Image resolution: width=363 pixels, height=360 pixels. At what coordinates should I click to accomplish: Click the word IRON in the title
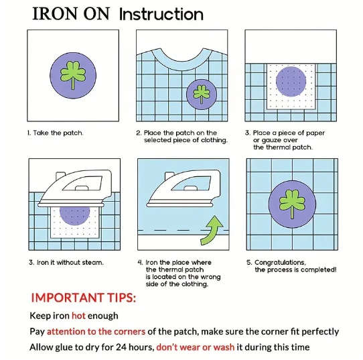[x=54, y=14]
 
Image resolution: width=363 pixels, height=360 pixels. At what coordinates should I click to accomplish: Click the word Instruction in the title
[x=161, y=14]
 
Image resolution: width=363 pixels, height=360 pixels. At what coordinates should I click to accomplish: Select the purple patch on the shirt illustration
[x=202, y=94]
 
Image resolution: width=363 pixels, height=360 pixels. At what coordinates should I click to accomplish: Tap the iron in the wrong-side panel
[x=184, y=188]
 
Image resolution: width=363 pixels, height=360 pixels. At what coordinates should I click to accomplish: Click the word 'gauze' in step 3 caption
[x=276, y=140]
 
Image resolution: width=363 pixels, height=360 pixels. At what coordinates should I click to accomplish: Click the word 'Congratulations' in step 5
[x=280, y=263]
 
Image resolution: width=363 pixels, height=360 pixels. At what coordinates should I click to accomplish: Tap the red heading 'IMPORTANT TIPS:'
[x=84, y=298]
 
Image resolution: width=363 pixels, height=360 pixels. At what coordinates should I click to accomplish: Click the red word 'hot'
[x=78, y=316]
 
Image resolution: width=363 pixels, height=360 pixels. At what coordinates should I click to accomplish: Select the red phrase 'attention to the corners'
[x=96, y=331]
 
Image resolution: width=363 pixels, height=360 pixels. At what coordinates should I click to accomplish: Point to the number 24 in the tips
[x=121, y=347]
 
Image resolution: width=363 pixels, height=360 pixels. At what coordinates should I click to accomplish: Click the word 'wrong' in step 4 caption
[x=210, y=277]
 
